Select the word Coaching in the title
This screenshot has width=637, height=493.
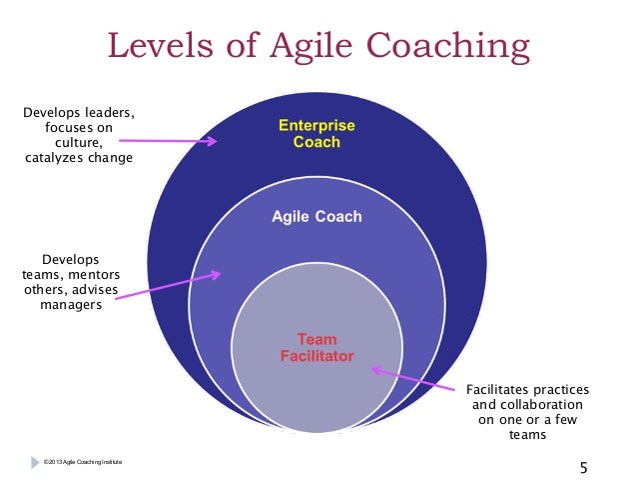[x=446, y=47]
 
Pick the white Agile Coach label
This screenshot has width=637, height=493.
[x=317, y=216]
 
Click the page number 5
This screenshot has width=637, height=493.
[x=584, y=467]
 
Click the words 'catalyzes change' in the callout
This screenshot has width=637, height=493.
[x=78, y=157]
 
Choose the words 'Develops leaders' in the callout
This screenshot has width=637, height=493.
[x=78, y=112]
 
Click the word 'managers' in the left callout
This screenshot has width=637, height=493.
[x=70, y=304]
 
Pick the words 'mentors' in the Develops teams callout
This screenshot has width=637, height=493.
[x=100, y=274]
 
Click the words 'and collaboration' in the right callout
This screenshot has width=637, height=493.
[x=527, y=405]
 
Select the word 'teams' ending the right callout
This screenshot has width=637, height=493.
[x=527, y=435]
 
